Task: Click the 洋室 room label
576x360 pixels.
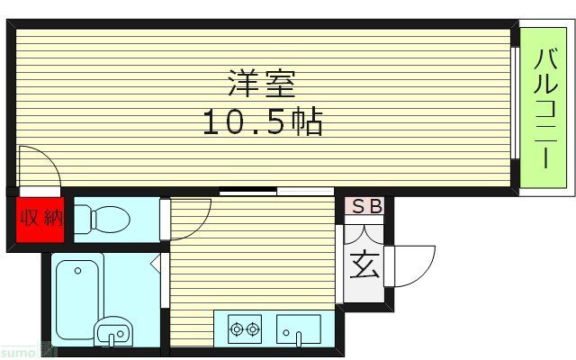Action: click(x=261, y=85)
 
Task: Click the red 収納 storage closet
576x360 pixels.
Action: click(x=40, y=218)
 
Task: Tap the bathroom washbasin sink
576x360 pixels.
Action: click(x=112, y=332)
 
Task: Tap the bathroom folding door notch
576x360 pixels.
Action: click(x=156, y=263)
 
